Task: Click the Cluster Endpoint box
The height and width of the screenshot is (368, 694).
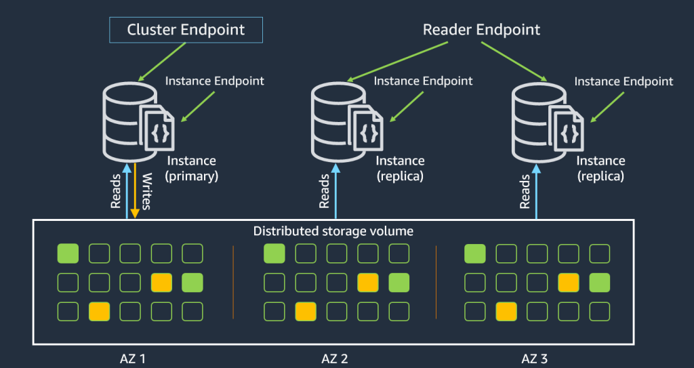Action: click(186, 30)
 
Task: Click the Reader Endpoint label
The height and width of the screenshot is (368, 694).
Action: click(481, 30)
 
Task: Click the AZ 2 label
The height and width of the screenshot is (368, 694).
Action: click(335, 358)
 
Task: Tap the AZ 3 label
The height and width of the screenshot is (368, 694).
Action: click(535, 358)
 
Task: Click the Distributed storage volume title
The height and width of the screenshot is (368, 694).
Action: click(333, 231)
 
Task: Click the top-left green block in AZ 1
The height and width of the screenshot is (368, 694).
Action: click(68, 254)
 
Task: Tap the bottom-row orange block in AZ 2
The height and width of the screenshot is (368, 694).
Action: click(305, 312)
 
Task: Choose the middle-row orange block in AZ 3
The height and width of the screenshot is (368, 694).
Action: click(569, 283)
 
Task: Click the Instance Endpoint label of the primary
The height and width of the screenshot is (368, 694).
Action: click(215, 81)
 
